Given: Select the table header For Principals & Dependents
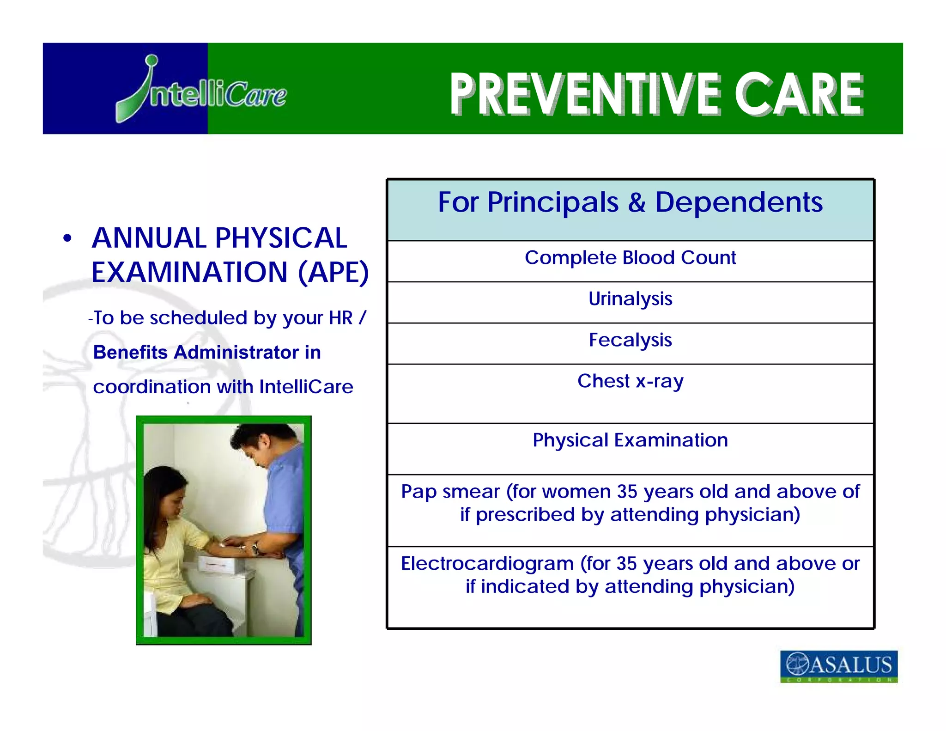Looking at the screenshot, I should click(630, 203).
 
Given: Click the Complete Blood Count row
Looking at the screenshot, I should click(630, 258).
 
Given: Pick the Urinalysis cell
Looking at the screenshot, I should click(630, 299).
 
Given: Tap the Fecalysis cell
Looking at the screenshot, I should click(630, 340).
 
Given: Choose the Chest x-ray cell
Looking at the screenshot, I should click(630, 382).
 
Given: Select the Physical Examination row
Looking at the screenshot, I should click(630, 440).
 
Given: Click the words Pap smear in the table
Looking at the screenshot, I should click(450, 492).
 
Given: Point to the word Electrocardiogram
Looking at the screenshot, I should click(487, 564).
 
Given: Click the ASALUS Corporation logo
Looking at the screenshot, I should click(838, 666).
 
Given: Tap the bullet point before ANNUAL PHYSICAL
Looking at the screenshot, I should click(68, 238).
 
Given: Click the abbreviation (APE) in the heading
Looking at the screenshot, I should click(333, 272).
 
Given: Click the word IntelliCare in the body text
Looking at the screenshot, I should click(306, 387).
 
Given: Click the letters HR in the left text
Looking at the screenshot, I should click(340, 318).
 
